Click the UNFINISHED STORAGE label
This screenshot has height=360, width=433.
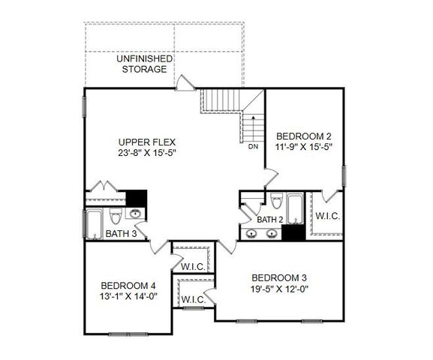(144, 64)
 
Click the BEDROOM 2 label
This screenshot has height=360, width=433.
(304, 136)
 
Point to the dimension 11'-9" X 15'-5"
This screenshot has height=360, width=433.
(304, 147)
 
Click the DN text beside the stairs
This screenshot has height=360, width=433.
(253, 147)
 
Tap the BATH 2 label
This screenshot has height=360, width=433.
(269, 220)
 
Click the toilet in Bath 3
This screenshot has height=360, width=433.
(115, 217)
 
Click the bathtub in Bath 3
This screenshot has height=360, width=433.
(95, 222)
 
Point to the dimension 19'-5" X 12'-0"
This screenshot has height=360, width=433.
(281, 287)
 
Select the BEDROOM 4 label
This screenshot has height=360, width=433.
(129, 285)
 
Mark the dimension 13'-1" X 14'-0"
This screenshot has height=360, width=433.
(129, 296)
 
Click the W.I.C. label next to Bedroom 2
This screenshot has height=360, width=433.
(328, 216)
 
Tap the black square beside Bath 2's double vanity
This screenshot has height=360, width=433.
(292, 232)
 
